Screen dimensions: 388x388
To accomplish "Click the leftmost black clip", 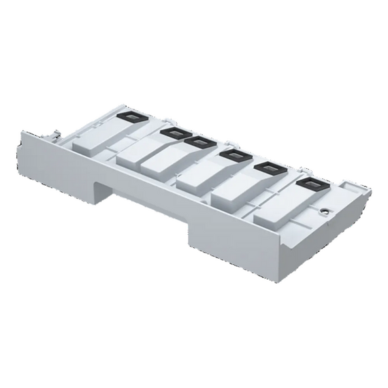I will (x=128, y=117).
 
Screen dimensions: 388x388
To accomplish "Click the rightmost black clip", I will (x=307, y=184).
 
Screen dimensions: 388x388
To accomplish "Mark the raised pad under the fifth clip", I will (x=238, y=193).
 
